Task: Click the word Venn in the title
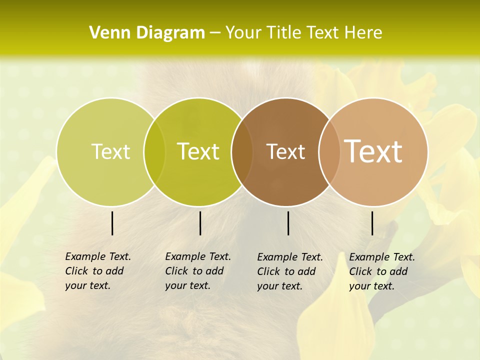[108, 33]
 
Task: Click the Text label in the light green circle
[110, 151]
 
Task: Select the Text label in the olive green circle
[198, 151]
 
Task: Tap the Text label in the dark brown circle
[285, 151]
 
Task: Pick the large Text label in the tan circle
[373, 151]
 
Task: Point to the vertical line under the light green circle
[112, 223]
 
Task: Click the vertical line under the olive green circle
[200, 223]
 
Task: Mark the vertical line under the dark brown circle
[288, 223]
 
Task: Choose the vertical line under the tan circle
[372, 223]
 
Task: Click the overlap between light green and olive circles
[154, 151]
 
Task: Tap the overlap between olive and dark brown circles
[242, 151]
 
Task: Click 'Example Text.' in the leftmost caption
[98, 256]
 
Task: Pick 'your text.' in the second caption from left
[187, 285]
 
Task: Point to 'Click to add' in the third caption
[286, 271]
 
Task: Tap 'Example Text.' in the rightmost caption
[382, 257]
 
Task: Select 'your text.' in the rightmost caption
[371, 286]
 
